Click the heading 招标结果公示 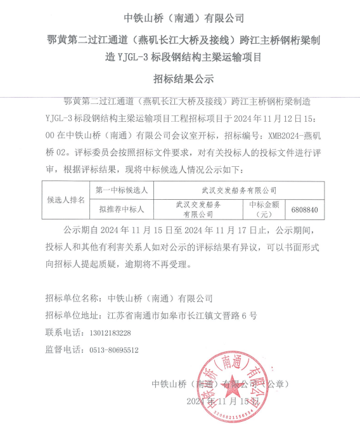coord(179,79)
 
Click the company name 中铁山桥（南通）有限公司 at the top coord(180,18)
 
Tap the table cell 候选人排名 coord(66,199)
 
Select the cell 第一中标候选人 coord(122,190)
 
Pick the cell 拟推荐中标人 coord(122,209)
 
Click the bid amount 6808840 coord(305,209)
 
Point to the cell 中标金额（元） coord(265,209)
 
